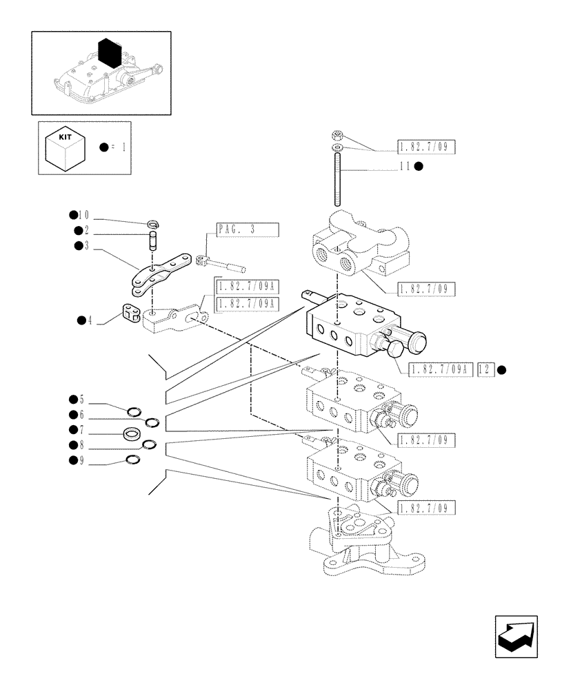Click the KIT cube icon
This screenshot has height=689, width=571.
[x=65, y=147]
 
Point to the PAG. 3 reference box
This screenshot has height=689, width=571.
[x=246, y=230]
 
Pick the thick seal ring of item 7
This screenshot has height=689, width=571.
[x=132, y=434]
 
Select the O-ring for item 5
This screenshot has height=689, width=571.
[x=134, y=413]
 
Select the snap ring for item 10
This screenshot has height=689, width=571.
[x=154, y=223]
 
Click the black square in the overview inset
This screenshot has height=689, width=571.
[x=110, y=54]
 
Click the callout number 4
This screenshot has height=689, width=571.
[x=90, y=320]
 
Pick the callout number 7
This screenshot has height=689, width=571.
[x=81, y=430]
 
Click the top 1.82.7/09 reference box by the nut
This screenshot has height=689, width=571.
[x=427, y=146]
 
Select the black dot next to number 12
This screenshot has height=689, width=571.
[x=501, y=369]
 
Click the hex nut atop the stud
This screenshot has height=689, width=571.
[x=337, y=135]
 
